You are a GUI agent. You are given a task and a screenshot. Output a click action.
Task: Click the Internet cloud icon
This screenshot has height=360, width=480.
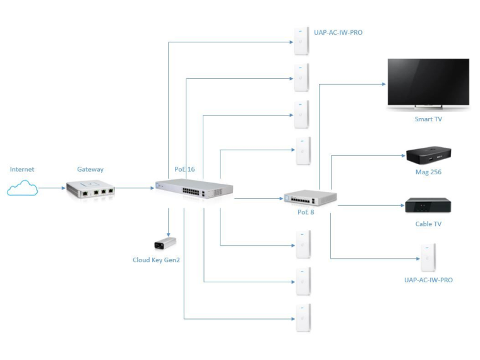pos(22,188)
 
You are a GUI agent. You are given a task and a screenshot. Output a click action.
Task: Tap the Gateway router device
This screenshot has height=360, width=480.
pos(90,189)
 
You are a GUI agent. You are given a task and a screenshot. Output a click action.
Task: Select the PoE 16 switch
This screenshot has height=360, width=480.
pos(194,188)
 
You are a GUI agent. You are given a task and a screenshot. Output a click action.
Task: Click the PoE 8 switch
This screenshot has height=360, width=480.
pos(310,198)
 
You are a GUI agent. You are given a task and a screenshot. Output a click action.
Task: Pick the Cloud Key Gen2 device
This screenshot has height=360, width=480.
pos(165,243)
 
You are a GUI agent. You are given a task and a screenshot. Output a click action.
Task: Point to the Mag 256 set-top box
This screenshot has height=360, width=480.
pos(428,156)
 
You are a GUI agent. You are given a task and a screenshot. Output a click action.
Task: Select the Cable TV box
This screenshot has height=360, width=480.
pos(428,205)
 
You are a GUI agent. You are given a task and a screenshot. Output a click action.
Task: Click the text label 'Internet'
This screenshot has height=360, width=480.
pos(22,169)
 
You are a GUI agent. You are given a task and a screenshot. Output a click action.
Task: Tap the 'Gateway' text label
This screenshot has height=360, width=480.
pos(90,169)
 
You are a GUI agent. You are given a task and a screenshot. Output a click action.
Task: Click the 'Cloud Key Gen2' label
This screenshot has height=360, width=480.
pos(156,260)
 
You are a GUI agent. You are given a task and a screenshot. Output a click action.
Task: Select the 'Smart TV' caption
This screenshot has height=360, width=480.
pos(428,119)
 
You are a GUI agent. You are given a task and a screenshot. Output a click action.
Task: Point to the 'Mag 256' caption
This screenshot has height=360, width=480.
pos(428,172)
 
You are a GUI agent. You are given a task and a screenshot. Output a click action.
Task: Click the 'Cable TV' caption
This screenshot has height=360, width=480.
pos(428,224)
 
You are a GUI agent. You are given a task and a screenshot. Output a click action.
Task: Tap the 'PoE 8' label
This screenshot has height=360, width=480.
pos(306,212)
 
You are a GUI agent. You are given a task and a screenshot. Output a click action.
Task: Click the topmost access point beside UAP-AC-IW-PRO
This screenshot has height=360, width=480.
pos(301,41)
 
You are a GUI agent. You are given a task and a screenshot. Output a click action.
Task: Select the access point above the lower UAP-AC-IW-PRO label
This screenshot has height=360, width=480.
pos(428,258)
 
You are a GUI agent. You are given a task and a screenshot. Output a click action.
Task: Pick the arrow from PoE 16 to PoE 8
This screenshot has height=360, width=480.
pos(259,199)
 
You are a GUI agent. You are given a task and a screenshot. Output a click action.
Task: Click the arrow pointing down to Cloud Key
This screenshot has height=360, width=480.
pos(168,222)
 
